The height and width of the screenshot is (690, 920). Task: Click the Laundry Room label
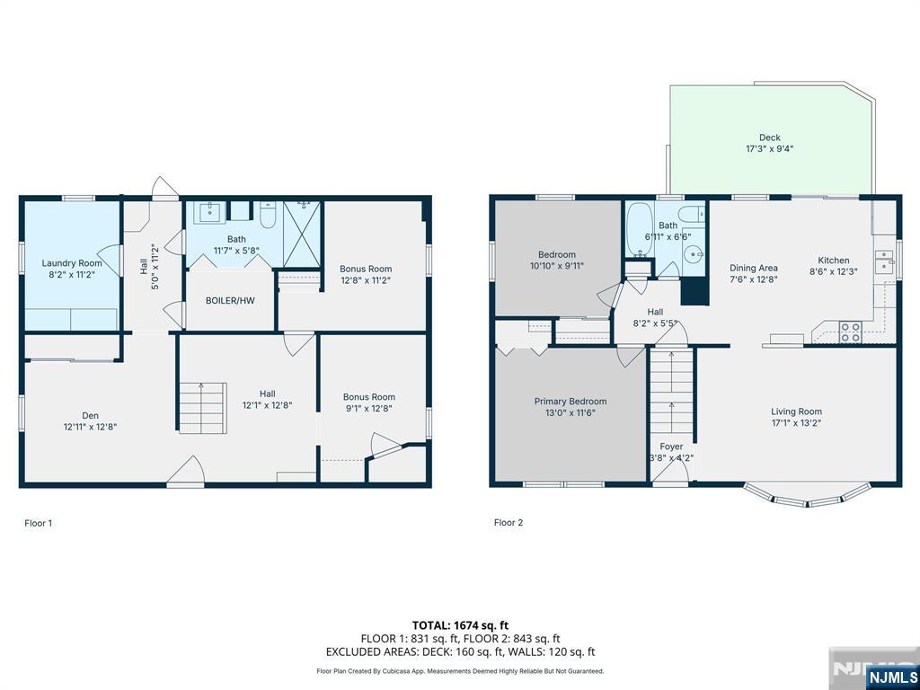[x=72, y=263]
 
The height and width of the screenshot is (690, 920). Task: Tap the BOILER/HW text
[x=230, y=300]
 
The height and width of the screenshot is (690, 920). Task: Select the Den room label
[x=91, y=415]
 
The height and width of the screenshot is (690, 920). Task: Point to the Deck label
[x=770, y=137]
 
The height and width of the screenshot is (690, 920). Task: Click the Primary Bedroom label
[x=571, y=402]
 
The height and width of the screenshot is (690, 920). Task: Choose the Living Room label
[x=796, y=411]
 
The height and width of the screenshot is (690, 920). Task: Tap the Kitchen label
[x=834, y=260]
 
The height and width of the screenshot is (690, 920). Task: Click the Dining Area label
[x=754, y=268]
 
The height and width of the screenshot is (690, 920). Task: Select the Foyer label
[x=671, y=447]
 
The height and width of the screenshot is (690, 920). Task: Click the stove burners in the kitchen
[x=851, y=332]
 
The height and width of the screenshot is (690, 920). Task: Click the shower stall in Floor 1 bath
[x=302, y=234]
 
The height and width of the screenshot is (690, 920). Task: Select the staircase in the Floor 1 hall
[x=202, y=408]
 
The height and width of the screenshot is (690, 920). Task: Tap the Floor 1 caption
[x=38, y=523]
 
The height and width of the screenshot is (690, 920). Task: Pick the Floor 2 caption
[x=509, y=523]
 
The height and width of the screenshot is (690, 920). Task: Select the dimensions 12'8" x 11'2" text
[x=366, y=280]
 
